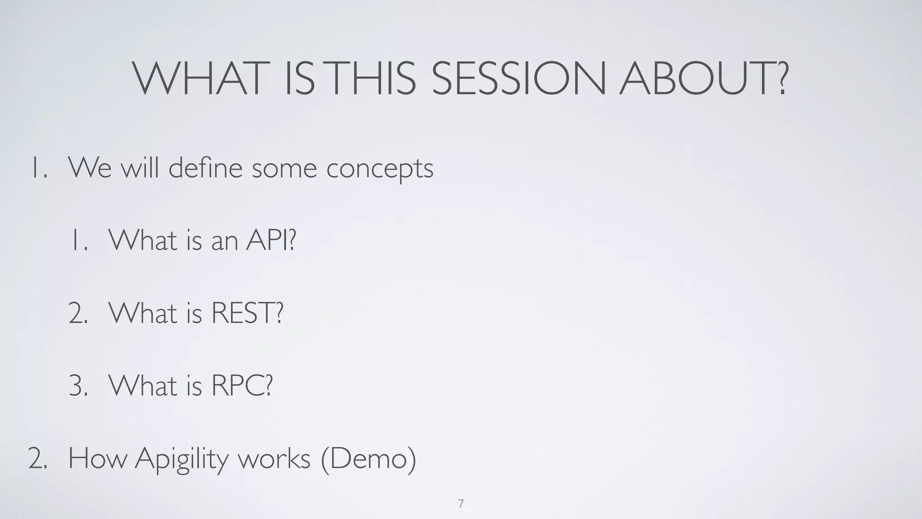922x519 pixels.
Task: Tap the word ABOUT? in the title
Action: click(704, 78)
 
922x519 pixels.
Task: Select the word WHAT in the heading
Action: click(198, 78)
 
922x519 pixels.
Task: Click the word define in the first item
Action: click(206, 168)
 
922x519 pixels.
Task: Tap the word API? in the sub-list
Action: click(271, 240)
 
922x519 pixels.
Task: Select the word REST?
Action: click(247, 313)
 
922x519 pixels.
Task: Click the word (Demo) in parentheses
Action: click(369, 459)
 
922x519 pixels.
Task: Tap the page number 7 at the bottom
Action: click(461, 504)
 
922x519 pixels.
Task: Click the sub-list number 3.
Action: click(78, 386)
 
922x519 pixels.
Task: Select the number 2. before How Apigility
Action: click(37, 459)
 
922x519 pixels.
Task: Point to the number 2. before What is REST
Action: click(78, 313)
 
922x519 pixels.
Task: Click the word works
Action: click(274, 459)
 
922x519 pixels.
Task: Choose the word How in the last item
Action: click(97, 459)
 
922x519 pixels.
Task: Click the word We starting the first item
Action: click(90, 168)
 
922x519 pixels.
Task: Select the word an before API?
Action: click(224, 241)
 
